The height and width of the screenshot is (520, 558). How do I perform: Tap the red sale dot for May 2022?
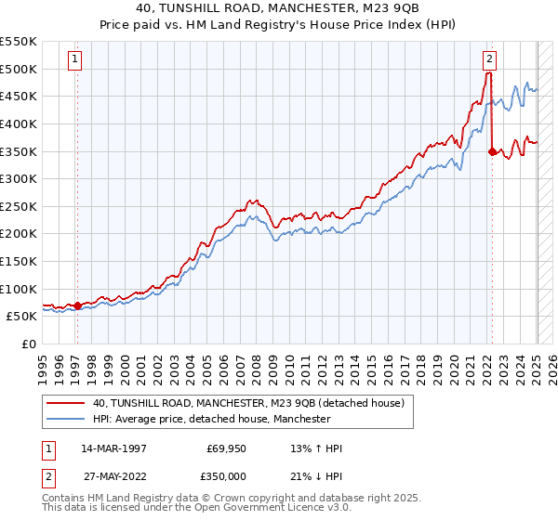coord(491,151)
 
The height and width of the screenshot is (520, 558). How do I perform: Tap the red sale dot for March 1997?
coord(77,305)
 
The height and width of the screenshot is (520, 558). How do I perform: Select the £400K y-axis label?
coord(20,123)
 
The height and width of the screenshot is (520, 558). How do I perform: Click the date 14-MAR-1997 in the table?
coord(113,449)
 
